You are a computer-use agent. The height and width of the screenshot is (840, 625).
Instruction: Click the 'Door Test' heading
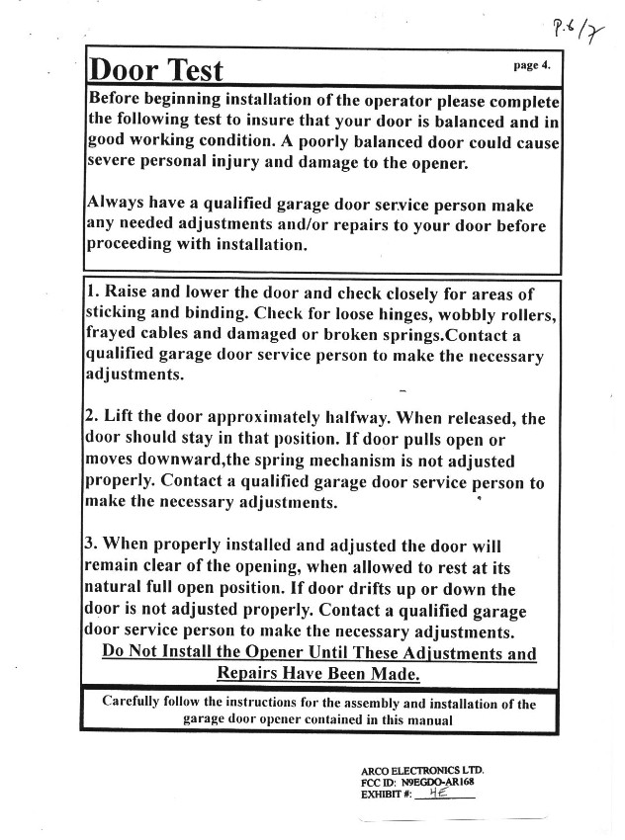(156, 70)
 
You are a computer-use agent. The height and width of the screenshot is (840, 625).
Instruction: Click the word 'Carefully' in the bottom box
(138, 704)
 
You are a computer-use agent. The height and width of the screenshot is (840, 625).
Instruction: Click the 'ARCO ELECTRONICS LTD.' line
(422, 770)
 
